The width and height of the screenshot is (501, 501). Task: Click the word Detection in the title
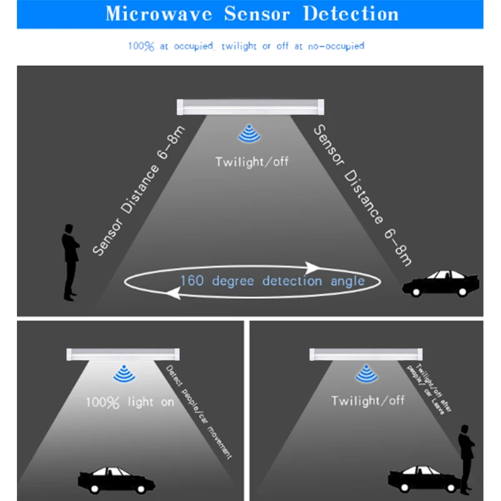pyautogui.click(x=351, y=14)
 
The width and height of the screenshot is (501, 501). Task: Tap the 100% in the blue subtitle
pyautogui.click(x=141, y=46)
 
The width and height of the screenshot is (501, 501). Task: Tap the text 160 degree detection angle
pyautogui.click(x=272, y=281)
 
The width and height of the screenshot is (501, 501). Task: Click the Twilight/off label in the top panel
pyautogui.click(x=252, y=162)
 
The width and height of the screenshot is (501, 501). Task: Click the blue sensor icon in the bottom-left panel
pyautogui.click(x=123, y=375)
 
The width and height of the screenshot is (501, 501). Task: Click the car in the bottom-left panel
pyautogui.click(x=117, y=479)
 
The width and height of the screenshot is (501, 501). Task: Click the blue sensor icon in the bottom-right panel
pyautogui.click(x=366, y=375)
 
